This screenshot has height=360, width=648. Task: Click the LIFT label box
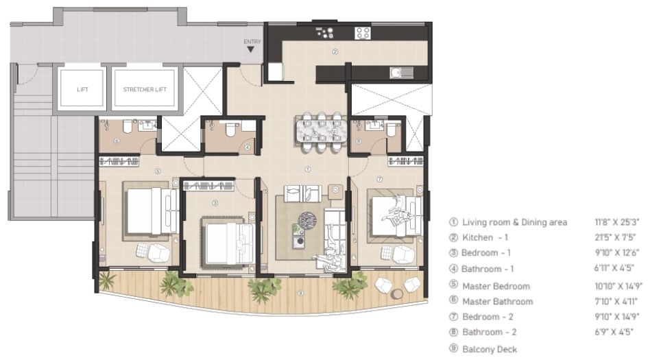click(x=82, y=89)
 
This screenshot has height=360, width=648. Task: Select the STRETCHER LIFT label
click(x=144, y=89)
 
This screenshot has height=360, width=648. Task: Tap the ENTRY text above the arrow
click(x=252, y=42)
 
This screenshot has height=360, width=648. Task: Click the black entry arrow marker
click(x=252, y=50)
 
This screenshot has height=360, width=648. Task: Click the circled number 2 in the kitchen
click(x=335, y=51)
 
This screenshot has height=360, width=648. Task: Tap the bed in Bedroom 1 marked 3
click(x=221, y=238)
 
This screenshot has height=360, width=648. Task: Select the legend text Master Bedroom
click(x=496, y=286)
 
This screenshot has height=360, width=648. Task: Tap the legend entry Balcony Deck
click(x=489, y=349)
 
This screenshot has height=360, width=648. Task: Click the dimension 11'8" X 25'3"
click(x=616, y=222)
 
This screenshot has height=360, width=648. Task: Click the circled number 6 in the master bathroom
click(x=117, y=141)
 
